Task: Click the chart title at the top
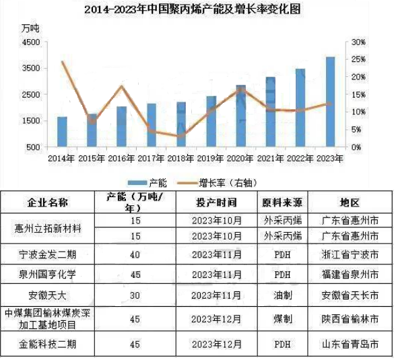point(193,9)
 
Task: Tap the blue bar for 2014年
point(63,132)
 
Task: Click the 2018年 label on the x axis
point(181,159)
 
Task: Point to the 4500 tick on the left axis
point(31,42)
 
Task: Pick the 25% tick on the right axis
point(358,59)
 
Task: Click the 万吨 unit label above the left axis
point(30,28)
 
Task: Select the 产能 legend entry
point(147,183)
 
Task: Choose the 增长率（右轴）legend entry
point(217,183)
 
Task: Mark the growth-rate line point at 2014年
point(63,61)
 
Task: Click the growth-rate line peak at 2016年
point(122,87)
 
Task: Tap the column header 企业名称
point(48,203)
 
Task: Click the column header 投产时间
point(217,203)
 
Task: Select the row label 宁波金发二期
point(48,255)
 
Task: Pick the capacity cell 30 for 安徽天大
point(135,295)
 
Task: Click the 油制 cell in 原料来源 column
point(283,295)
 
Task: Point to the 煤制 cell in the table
point(283,320)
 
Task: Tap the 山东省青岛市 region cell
point(350,345)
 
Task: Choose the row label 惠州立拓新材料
point(48,229)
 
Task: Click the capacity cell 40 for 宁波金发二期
point(135,255)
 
